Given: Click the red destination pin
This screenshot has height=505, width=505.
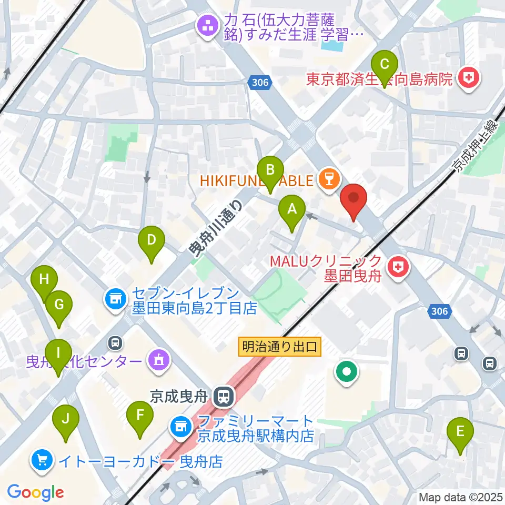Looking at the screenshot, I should coord(353,200).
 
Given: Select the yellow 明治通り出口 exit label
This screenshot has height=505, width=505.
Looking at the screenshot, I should coord(280,347).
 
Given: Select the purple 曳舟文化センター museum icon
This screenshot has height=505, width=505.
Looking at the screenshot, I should coord(158,361).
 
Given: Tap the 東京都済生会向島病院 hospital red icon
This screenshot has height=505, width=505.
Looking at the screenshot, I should coord(468,79).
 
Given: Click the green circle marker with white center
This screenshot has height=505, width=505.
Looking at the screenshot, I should coord(347,373).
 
